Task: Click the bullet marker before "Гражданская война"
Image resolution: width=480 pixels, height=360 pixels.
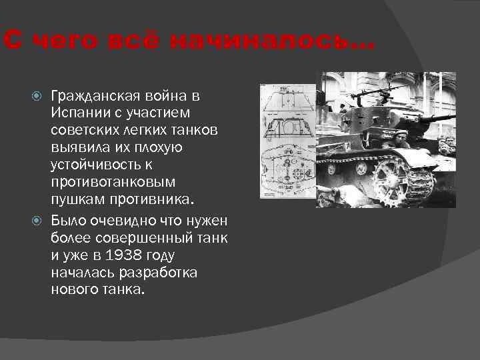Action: tap(39, 97)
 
